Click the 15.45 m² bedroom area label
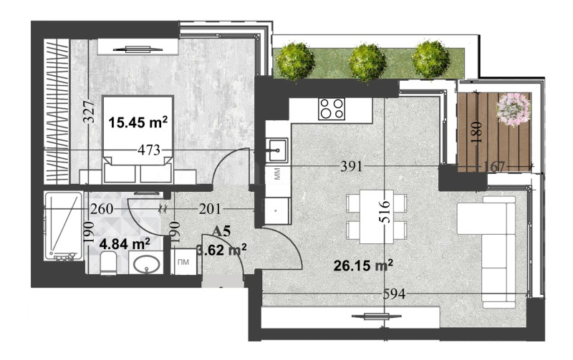138,122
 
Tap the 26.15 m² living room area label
364,266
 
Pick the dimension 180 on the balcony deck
478,133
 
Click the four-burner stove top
331,109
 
